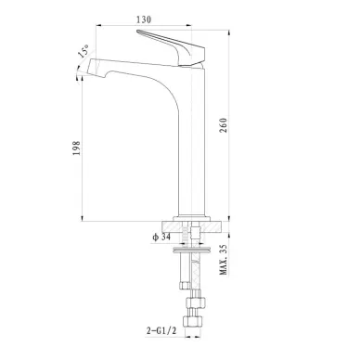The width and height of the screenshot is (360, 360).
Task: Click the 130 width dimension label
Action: tap(144, 19)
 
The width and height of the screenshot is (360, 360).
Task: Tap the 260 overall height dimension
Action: tap(224, 125)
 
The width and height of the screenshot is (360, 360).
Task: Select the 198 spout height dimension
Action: tap(76, 148)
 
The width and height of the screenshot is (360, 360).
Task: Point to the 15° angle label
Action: tap(84, 51)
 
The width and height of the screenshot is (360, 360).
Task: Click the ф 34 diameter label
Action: tap(161, 238)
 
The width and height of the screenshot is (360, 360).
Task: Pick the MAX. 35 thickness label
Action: tap(224, 260)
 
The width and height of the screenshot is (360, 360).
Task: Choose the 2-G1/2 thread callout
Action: tap(161, 331)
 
